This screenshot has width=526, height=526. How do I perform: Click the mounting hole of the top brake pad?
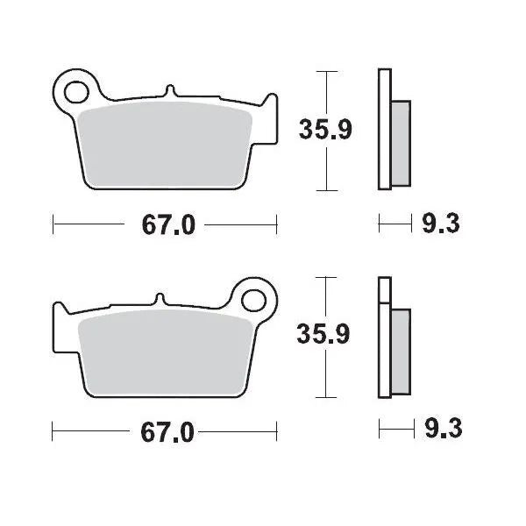point(76,89)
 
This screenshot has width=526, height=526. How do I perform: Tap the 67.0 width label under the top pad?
point(165,225)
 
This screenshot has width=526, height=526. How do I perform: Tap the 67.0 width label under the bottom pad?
point(165,431)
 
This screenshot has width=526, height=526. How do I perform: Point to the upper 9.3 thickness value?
point(439,225)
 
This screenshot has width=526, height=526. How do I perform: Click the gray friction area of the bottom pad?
point(167,351)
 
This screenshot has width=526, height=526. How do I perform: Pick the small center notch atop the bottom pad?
point(159,298)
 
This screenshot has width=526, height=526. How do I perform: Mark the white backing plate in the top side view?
point(383,129)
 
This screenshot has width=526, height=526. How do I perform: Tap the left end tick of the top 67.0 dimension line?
point(53,225)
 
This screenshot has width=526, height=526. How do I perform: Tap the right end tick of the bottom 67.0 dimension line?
point(276,431)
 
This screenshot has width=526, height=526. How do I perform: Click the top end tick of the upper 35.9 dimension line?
point(326,71)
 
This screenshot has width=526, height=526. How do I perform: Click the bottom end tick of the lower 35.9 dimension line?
point(326,396)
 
